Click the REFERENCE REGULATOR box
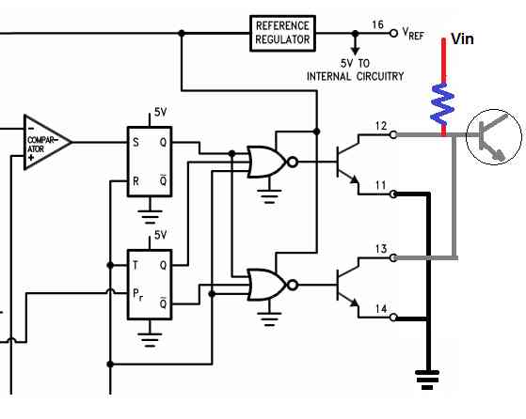click(282, 33)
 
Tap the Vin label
click(462, 39)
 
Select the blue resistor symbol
click(442, 103)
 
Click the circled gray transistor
click(494, 136)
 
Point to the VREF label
click(413, 34)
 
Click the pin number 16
click(377, 24)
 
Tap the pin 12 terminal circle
click(393, 134)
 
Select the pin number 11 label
click(380, 185)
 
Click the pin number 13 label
click(381, 249)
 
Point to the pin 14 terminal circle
click(393, 317)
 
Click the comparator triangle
click(47, 143)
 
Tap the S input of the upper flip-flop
click(135, 143)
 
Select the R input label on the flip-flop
click(135, 181)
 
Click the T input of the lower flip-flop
click(135, 265)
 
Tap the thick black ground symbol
click(427, 380)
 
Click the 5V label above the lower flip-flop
click(160, 235)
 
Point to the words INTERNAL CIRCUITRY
click(355, 76)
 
